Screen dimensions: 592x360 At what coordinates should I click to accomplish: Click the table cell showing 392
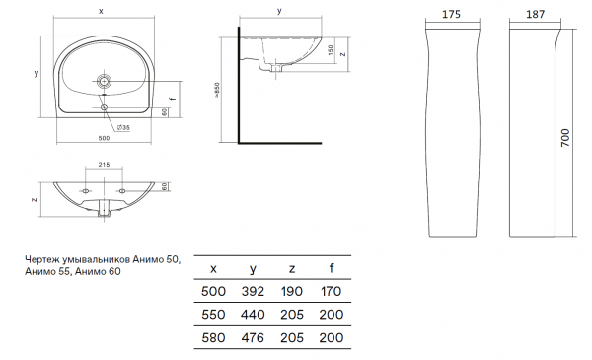(253, 291)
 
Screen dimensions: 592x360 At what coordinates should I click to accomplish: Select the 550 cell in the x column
(213, 315)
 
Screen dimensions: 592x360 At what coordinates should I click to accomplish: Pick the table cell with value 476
(253, 337)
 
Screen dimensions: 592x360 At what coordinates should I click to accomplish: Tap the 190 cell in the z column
(292, 291)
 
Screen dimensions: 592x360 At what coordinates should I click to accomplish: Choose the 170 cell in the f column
(332, 291)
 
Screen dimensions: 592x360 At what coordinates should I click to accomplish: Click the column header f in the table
(332, 268)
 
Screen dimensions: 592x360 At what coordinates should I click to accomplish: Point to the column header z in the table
(292, 269)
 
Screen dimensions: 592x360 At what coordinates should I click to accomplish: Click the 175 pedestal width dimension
(451, 15)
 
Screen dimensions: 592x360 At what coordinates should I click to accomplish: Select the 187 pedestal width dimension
(536, 15)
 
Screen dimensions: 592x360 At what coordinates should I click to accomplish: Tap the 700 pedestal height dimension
(565, 138)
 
